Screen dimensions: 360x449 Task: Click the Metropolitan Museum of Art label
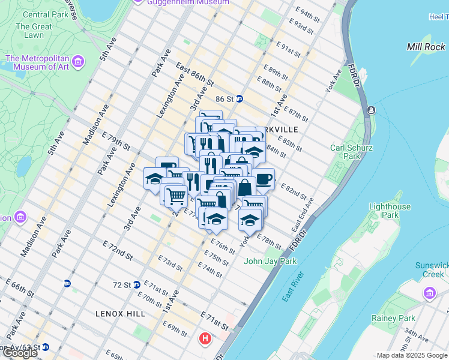pyautogui.click(x=37, y=62)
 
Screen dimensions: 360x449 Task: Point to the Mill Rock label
pyautogui.click(x=426, y=47)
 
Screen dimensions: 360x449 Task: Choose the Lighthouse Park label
pyautogui.click(x=390, y=211)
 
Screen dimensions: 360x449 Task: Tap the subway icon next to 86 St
pyautogui.click(x=239, y=99)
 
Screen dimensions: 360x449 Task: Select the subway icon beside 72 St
pyautogui.click(x=137, y=284)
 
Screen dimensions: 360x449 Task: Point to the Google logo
pyautogui.click(x=20, y=353)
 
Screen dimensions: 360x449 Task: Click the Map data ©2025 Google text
pyautogui.click(x=412, y=355)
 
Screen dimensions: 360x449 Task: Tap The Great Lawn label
pyautogui.click(x=34, y=31)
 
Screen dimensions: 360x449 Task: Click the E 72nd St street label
pyautogui.click(x=117, y=250)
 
